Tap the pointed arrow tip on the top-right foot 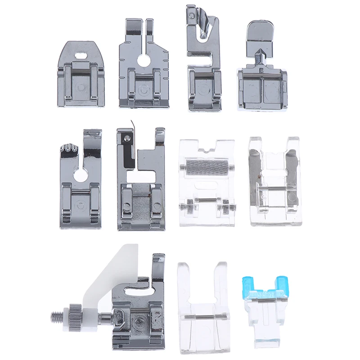[259, 58]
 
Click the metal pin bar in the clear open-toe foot [202, 318]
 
